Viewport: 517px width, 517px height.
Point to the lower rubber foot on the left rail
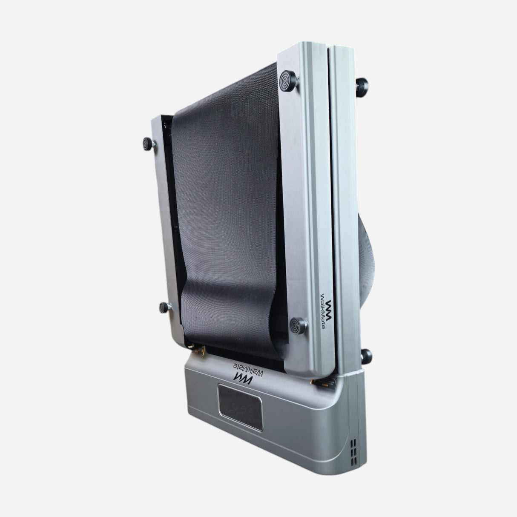tap(164, 307)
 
